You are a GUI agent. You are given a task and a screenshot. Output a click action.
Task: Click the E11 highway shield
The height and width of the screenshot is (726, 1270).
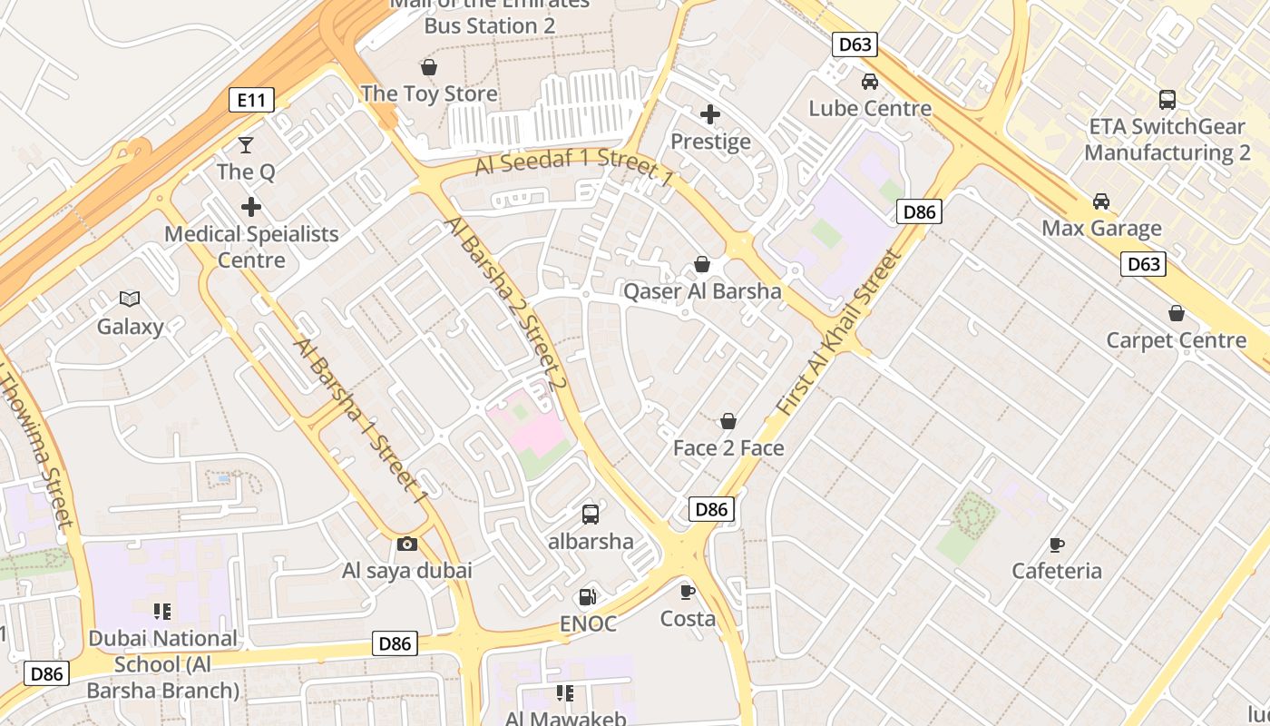click(251, 100)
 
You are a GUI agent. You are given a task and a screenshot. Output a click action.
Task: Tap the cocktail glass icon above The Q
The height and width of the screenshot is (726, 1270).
click(246, 144)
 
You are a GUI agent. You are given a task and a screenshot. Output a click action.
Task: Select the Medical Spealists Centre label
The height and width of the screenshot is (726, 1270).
click(251, 247)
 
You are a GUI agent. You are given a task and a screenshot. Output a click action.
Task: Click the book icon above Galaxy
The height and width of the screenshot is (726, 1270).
click(131, 299)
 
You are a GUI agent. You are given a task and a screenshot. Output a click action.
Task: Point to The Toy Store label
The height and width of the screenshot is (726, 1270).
click(429, 93)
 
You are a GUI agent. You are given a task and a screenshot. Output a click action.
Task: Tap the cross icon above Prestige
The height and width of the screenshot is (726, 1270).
click(710, 114)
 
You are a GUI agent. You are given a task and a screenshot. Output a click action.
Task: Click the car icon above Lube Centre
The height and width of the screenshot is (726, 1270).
click(870, 82)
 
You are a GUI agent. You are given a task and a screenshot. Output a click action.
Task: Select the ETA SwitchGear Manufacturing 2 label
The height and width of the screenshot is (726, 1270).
click(1167, 139)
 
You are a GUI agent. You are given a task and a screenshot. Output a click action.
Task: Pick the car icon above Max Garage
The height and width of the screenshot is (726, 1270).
click(1101, 201)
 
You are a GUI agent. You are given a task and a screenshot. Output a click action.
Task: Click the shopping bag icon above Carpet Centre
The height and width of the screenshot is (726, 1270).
click(1177, 314)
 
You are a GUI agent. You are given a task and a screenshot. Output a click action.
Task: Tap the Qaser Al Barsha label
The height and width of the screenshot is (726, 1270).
click(702, 291)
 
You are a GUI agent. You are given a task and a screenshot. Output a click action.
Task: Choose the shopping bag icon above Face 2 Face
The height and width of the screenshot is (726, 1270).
click(728, 421)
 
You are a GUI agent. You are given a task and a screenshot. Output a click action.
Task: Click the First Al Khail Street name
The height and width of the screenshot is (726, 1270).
click(841, 333)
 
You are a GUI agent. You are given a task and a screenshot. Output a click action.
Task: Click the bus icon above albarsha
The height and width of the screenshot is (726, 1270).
click(591, 515)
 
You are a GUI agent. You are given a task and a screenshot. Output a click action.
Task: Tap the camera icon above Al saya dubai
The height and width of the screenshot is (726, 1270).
click(407, 544)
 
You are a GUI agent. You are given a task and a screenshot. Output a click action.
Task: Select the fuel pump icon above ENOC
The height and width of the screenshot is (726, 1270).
click(588, 597)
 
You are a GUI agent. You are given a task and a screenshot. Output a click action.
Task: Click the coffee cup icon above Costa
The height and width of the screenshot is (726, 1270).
click(688, 592)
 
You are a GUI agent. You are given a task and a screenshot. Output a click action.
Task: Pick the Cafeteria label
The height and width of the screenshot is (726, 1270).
click(1057, 571)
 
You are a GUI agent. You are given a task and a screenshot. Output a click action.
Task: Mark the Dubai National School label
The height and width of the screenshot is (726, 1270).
click(163, 664)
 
